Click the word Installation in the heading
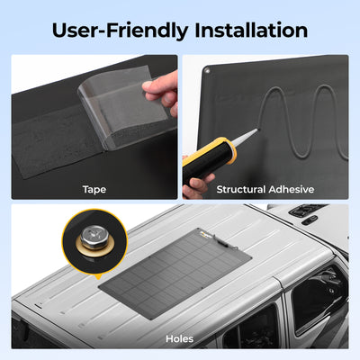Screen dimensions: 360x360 [x=251, y=31]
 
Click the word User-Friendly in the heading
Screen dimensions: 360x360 [x=120, y=31]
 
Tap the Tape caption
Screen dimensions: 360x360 [x=94, y=190]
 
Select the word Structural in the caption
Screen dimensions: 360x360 [x=241, y=190]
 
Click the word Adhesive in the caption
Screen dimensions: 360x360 [x=292, y=190]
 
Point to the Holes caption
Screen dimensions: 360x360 [x=179, y=339]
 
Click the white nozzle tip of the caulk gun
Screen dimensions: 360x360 [x=246, y=138]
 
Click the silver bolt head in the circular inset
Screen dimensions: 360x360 [x=94, y=237]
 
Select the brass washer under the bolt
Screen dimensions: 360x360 [x=94, y=245]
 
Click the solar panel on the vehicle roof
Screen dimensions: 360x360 [x=175, y=273]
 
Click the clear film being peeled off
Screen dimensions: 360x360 [x=123, y=105]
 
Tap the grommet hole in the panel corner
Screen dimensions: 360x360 [x=206, y=70]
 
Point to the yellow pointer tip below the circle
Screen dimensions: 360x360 [x=98, y=278]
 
